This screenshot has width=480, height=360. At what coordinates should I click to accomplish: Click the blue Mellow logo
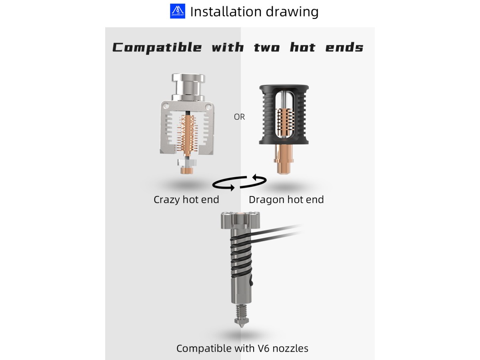point(177,11)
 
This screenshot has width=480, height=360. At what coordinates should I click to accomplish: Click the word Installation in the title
point(226,12)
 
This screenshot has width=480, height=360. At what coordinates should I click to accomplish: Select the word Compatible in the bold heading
point(157,48)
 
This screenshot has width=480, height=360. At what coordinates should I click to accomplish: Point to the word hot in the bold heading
point(302,47)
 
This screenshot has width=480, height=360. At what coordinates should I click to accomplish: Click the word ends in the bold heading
point(344,47)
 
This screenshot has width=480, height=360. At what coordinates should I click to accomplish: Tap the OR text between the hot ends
point(239,117)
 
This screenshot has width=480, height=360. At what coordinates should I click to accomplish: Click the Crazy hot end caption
point(186,200)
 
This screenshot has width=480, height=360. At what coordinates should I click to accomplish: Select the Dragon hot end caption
point(286,200)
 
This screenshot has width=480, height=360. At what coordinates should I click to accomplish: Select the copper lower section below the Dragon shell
point(284,159)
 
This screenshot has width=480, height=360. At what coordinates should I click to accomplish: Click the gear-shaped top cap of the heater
point(240,220)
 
